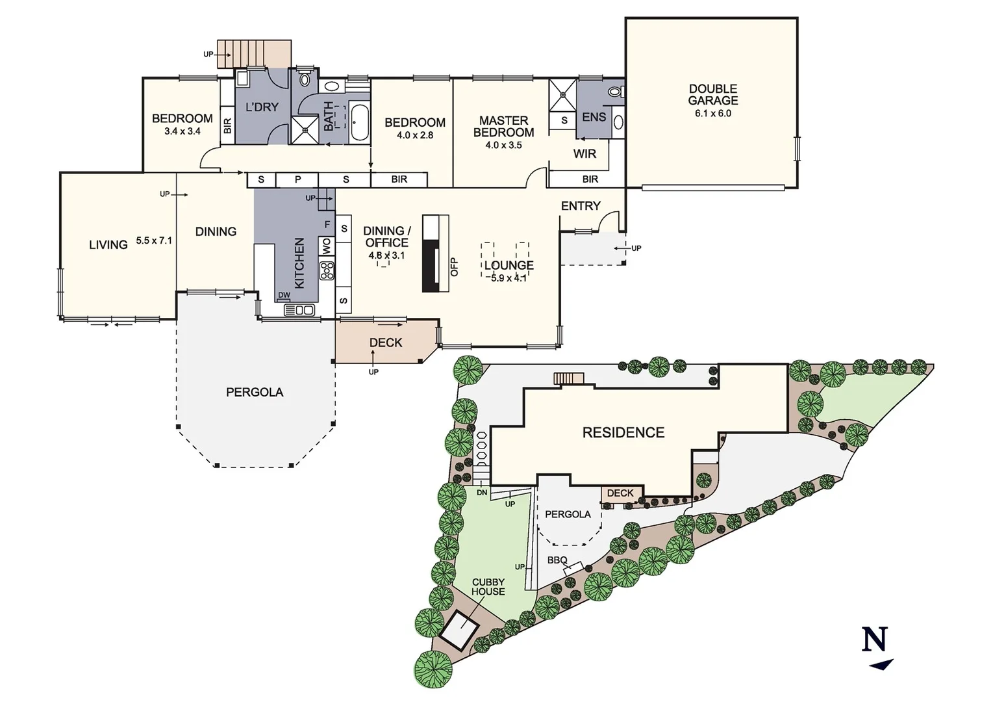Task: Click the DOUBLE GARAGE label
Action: point(712,94)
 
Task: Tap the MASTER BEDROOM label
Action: point(503,126)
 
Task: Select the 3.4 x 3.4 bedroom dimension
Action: point(182,131)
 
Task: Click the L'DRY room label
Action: point(261,107)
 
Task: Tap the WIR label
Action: point(584,154)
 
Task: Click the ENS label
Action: point(594,117)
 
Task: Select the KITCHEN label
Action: point(299,263)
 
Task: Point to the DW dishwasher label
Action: point(284,295)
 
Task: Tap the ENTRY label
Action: point(581,205)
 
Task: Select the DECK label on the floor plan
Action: point(386,343)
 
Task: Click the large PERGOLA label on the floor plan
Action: point(255,392)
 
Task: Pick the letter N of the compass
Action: point(874,640)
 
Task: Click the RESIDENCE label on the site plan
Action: point(623,432)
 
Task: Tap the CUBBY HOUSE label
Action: point(488,587)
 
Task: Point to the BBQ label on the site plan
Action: point(557,560)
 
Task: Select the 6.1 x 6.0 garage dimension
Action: point(712,113)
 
